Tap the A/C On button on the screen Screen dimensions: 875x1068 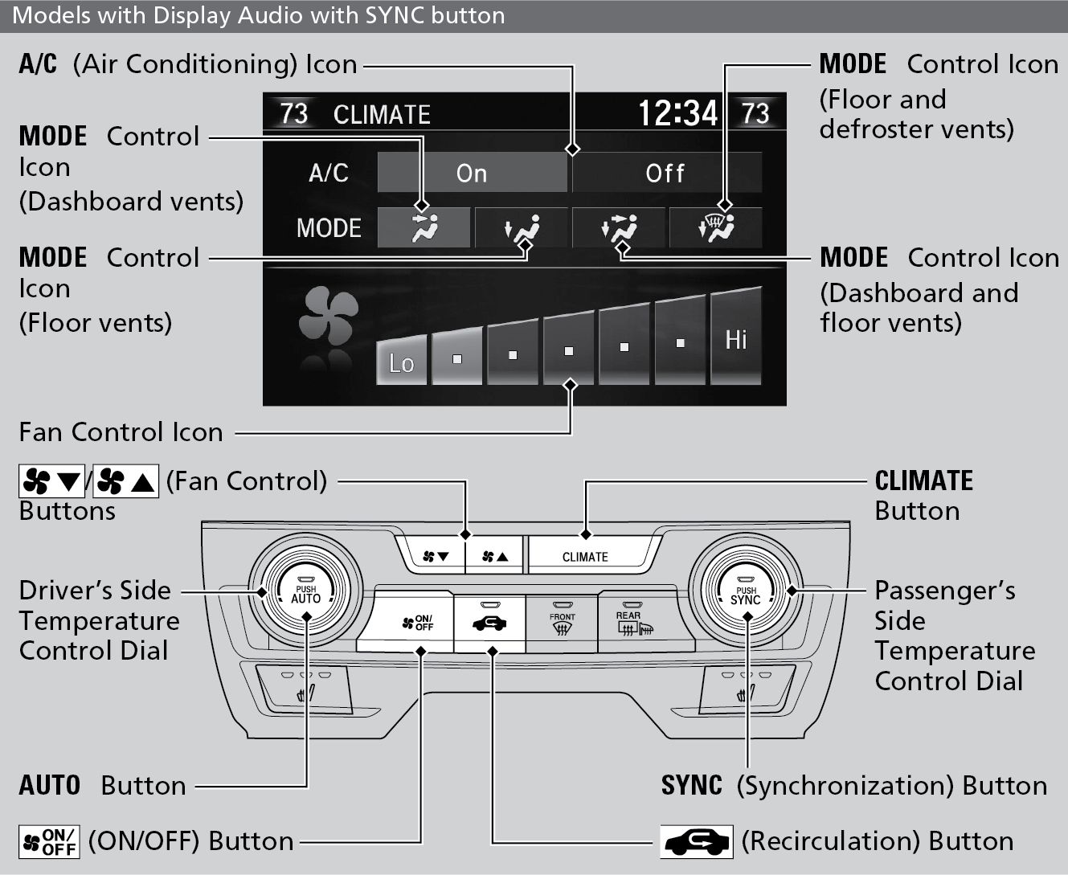point(472,173)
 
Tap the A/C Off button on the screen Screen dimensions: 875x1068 point(665,173)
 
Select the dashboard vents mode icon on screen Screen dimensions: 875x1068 point(424,229)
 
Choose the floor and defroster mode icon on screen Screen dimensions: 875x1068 point(715,229)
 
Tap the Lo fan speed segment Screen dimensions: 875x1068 point(401,362)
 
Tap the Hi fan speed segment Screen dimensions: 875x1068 point(735,340)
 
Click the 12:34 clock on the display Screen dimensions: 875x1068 point(677,113)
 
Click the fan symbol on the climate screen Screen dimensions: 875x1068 point(328,317)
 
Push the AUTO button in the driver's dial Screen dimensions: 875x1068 point(305,595)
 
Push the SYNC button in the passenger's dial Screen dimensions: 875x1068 point(746,595)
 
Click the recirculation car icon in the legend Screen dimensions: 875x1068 point(696,841)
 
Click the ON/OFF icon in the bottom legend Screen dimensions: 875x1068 point(49,842)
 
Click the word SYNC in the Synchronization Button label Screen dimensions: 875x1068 point(691,785)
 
